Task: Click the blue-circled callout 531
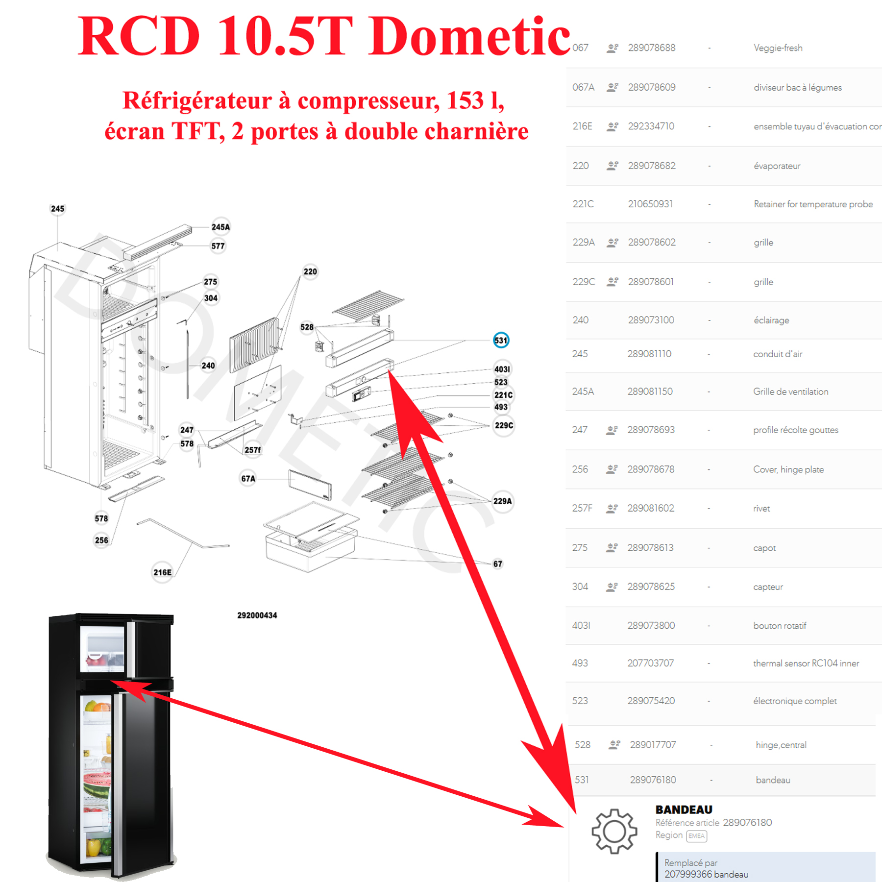click(501, 340)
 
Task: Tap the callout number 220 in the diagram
click(310, 271)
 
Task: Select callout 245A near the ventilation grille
click(220, 227)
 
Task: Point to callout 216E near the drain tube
click(163, 572)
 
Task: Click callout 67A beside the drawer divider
click(248, 478)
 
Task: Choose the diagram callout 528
click(307, 327)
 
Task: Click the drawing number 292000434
click(257, 615)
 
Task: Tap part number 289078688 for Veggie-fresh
click(652, 48)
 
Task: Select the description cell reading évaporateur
click(777, 166)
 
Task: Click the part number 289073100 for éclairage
click(651, 320)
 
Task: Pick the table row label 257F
click(582, 508)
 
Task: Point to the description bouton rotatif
click(780, 626)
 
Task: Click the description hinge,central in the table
click(781, 745)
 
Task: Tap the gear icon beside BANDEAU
click(614, 832)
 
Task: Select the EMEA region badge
click(696, 836)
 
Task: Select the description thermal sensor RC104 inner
click(806, 663)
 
